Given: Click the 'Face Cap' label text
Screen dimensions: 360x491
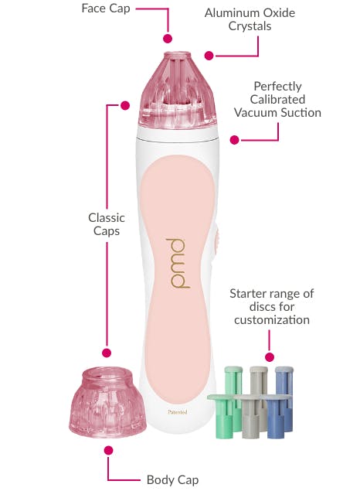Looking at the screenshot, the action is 106,9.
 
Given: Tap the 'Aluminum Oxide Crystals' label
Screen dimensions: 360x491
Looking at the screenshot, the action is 250,19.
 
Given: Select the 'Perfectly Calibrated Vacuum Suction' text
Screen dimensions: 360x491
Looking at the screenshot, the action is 277,100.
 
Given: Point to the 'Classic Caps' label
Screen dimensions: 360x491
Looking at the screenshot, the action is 107,224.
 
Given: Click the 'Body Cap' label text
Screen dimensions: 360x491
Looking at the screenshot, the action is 172,479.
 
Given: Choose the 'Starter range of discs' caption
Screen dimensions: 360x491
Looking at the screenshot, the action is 271,307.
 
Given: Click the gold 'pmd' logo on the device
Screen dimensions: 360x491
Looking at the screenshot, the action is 178,264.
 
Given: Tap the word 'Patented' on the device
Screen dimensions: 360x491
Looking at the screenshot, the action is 178,412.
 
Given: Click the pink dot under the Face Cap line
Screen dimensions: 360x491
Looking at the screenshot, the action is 168,39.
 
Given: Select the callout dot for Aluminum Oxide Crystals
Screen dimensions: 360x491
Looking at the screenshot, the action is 209,56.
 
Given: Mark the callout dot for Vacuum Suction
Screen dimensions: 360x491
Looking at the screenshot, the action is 234,140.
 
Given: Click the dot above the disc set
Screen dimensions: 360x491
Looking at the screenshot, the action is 270,357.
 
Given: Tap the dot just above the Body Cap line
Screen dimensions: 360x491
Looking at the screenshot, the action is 108,451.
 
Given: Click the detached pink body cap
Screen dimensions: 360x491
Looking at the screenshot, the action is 107,403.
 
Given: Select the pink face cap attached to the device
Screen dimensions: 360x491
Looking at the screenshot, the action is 178,90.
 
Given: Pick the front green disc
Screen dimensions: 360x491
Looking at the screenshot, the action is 223,416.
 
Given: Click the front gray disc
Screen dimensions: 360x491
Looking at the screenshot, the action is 250,416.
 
